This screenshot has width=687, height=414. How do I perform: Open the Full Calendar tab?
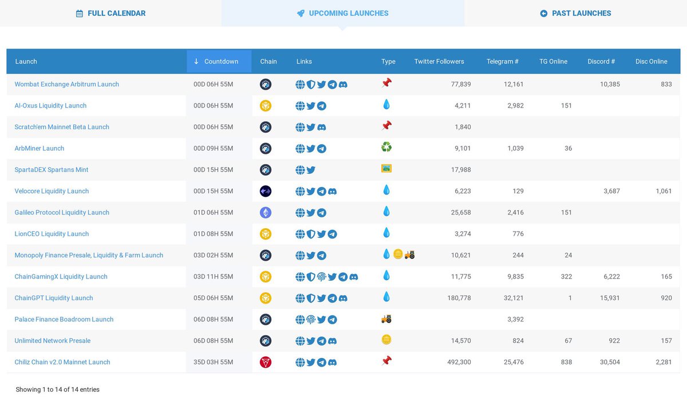point(111,13)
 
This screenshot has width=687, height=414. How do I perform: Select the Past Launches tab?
point(575,13)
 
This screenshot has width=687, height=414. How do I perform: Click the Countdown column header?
point(219,62)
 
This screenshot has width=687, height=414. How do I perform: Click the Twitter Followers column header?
point(439,62)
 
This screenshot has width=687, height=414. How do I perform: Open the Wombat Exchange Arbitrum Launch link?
point(67,85)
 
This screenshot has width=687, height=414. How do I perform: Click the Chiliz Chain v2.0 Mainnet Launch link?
point(62,363)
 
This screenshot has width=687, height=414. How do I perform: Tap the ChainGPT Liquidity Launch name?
point(54,298)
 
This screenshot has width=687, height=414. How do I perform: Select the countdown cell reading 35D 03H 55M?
point(213,363)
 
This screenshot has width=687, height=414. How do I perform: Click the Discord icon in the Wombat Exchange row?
point(343,85)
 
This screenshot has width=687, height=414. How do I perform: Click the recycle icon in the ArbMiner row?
point(386,148)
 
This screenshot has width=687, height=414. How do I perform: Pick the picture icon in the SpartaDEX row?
point(386,169)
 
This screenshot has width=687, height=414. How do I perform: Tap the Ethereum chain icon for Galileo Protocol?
point(266,213)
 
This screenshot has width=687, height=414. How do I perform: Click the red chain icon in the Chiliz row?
point(266,363)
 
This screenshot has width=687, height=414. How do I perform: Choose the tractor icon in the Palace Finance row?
point(386,319)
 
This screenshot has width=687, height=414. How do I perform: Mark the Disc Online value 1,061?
point(664,192)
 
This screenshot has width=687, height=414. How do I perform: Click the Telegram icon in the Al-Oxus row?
point(322,106)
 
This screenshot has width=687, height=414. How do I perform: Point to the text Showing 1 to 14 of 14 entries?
point(57,390)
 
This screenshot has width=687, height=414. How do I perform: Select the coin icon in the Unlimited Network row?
point(386,340)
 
